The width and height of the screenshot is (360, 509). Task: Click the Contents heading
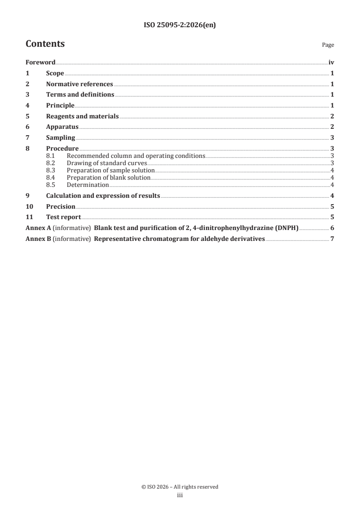coord(45,44)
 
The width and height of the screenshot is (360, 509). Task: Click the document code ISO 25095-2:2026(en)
coord(180,25)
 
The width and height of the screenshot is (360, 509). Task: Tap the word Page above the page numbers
coord(328,45)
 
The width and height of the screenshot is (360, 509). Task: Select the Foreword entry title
coord(40,63)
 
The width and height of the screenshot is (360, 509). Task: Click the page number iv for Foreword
coord(331,63)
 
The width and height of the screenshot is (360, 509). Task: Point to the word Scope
coord(55,73)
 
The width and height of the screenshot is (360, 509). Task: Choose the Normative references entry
coord(79,84)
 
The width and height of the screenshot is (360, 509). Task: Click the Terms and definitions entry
coord(80,95)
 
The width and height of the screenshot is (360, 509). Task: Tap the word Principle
coord(60,106)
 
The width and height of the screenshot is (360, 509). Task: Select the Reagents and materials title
coord(82,117)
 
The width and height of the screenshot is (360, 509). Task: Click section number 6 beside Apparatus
coord(28,127)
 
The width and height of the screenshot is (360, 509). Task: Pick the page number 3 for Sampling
coord(333,138)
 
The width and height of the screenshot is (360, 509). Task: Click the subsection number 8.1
coord(51,156)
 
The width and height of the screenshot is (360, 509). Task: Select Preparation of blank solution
coord(108,177)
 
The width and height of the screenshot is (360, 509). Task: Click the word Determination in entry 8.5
coord(88,185)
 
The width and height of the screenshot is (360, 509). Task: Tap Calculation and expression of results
coord(103,196)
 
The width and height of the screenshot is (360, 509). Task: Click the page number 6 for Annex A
coord(333,228)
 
